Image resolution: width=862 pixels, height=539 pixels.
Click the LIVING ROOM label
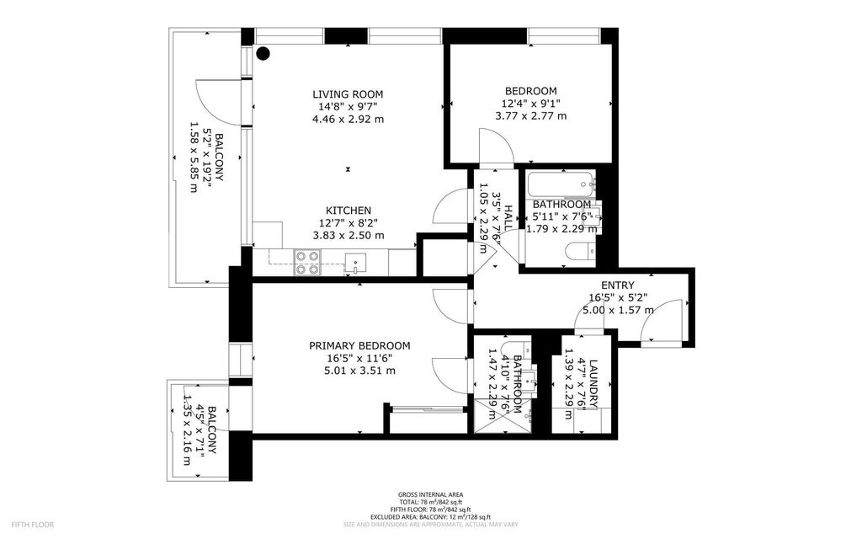(348, 93)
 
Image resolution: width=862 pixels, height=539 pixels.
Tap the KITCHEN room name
(349, 211)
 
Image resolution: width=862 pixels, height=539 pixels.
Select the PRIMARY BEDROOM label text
(359, 345)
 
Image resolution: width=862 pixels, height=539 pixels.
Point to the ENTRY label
(617, 286)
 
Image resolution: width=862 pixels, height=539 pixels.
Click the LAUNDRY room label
(593, 384)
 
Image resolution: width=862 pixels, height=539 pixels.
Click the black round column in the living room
(263, 53)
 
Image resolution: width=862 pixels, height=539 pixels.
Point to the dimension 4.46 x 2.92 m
(348, 119)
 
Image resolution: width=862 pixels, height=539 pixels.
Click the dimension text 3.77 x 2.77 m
(530, 116)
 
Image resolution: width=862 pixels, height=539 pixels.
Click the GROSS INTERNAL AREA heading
(430, 494)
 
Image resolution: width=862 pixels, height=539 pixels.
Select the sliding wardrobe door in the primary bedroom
(428, 409)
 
